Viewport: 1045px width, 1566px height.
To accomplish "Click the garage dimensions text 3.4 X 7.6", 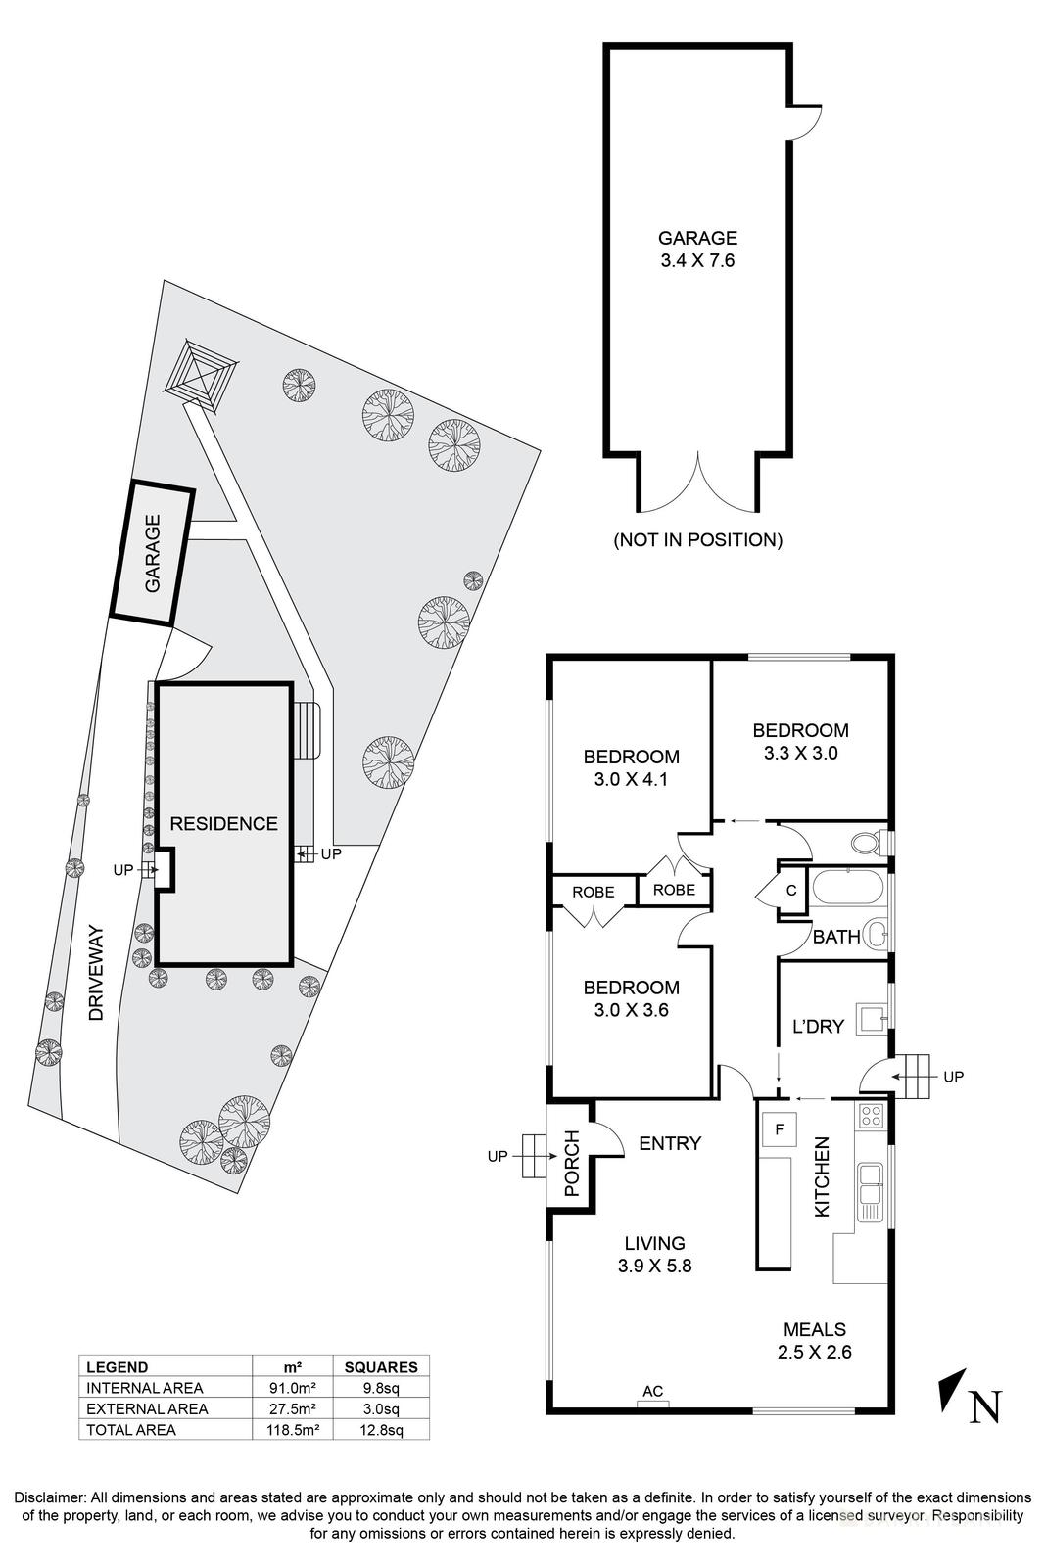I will pyautogui.click(x=696, y=261).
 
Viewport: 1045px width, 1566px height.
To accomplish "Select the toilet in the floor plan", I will pyautogui.click(x=867, y=843).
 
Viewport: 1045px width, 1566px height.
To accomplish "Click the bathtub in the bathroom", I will pyautogui.click(x=848, y=887).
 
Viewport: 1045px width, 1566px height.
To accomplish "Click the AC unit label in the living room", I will pyautogui.click(x=652, y=1391).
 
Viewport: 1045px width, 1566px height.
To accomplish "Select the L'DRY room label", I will pyautogui.click(x=817, y=1027).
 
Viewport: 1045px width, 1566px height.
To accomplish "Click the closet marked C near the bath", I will pyautogui.click(x=790, y=892).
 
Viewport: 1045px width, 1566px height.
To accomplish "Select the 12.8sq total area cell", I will pyautogui.click(x=381, y=1430).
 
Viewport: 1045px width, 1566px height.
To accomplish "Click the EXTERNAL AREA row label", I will pyautogui.click(x=147, y=1409).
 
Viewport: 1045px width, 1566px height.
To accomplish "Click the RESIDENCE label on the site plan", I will pyautogui.click(x=224, y=824).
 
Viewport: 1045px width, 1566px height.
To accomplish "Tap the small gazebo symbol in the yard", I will pyautogui.click(x=204, y=374).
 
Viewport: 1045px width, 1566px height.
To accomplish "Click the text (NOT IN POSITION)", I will pyautogui.click(x=697, y=539).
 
